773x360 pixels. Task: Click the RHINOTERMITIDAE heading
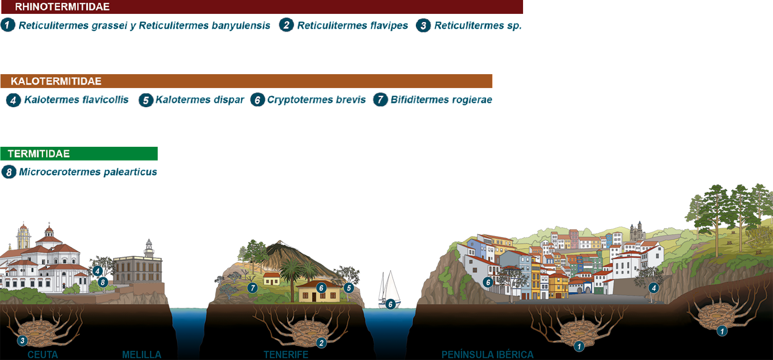[x=62, y=7]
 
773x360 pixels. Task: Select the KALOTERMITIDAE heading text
[x=56, y=81]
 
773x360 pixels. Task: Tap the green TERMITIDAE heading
[x=39, y=153]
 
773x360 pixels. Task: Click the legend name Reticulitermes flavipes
[x=352, y=25]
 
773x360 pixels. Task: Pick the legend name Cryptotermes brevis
[x=316, y=99]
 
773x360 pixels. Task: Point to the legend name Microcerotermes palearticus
[x=88, y=172]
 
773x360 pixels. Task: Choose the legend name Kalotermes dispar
[x=199, y=99]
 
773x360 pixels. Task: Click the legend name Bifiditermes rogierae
[x=441, y=99]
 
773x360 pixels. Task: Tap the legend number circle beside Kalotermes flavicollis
[x=13, y=100]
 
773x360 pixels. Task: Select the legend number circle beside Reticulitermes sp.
[x=423, y=26]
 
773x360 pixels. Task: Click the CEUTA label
[x=43, y=355]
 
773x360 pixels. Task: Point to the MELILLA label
[x=142, y=355]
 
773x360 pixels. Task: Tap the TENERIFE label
[x=286, y=355]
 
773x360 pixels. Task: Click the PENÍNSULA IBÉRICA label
[x=488, y=355]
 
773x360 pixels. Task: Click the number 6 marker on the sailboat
[x=391, y=304]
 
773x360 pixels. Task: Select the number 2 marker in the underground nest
[x=321, y=343]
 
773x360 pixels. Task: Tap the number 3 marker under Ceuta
[x=22, y=340]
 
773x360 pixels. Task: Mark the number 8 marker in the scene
[x=103, y=282]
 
